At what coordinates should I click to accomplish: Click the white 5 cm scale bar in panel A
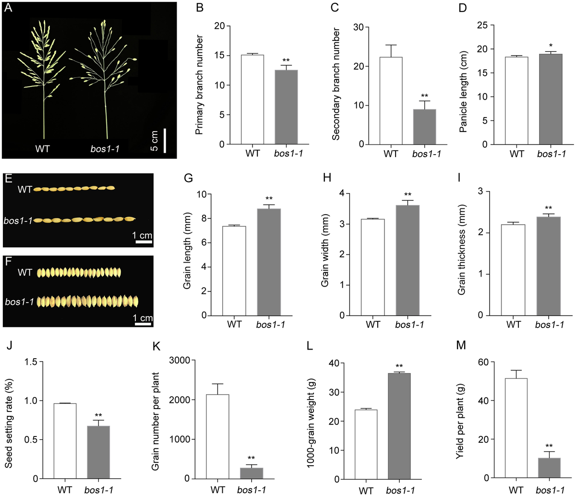[165, 141]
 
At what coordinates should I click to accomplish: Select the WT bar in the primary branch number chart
[252, 99]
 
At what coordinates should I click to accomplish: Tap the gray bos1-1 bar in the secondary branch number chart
[424, 127]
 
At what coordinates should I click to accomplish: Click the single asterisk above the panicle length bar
[551, 45]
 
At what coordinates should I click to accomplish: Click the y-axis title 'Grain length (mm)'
[187, 251]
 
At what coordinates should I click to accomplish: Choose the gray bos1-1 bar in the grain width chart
[408, 260]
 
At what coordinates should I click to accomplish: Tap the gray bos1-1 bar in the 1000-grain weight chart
[399, 426]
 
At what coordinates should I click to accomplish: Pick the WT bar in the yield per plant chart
[516, 428]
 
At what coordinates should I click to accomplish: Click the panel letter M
[461, 345]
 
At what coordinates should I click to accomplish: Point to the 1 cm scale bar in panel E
[144, 242]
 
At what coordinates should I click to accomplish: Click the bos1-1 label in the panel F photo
[19, 302]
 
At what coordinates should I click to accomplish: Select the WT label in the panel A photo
[42, 148]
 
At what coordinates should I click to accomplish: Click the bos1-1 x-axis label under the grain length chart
[270, 325]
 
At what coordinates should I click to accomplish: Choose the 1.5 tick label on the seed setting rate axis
[31, 362]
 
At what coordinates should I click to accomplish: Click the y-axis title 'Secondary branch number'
[336, 84]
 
